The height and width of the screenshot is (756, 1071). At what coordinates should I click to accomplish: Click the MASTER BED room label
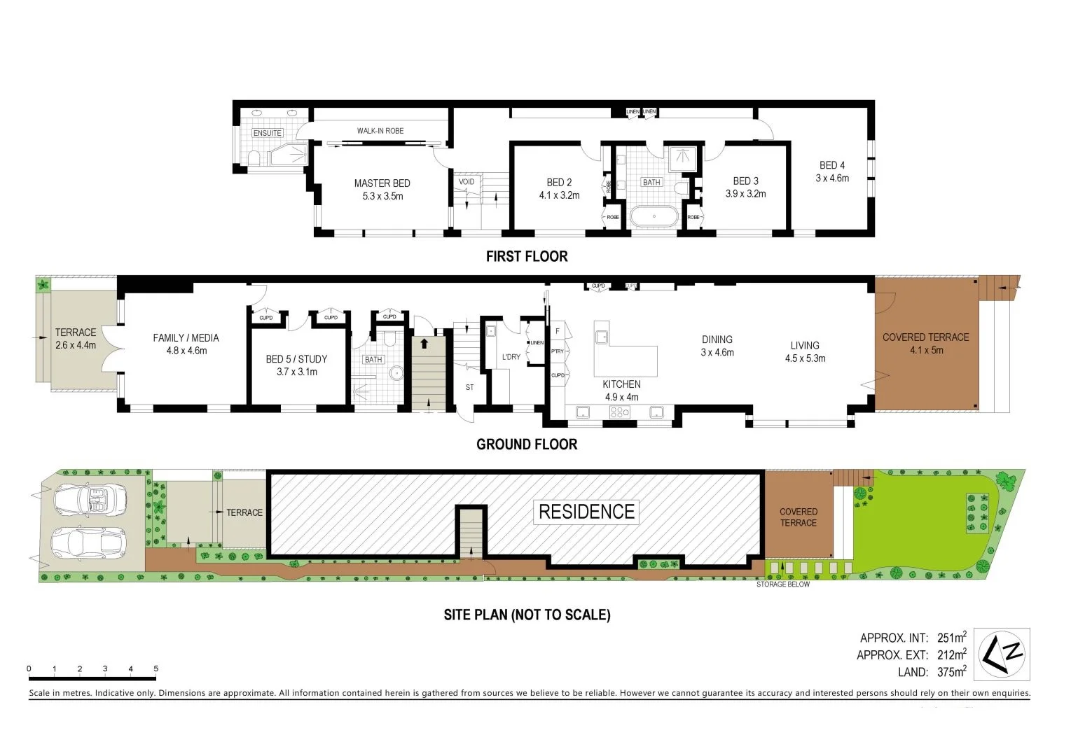point(382,183)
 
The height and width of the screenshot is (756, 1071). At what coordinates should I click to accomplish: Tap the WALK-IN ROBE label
point(380,131)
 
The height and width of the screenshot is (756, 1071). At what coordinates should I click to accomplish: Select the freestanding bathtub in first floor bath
point(654,216)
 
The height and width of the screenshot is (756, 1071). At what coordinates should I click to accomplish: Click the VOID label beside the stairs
point(467,182)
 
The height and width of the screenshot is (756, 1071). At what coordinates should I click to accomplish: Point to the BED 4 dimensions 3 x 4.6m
point(832,178)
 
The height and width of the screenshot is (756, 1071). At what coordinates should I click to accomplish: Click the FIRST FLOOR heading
point(527,256)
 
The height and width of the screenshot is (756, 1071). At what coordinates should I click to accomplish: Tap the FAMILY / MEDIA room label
point(186,337)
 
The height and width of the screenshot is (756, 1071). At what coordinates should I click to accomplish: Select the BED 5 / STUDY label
point(296,359)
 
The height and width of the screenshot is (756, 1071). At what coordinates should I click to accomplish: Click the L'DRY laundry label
point(511,357)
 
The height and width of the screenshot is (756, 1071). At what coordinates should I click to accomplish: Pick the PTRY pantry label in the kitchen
point(558,351)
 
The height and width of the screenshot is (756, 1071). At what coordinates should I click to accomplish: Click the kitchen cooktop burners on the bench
point(620,412)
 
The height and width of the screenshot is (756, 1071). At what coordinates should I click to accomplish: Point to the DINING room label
point(717,339)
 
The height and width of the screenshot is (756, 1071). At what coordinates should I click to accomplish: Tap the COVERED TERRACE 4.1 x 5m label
point(925,343)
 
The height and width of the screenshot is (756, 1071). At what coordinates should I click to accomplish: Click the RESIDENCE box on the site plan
point(586,512)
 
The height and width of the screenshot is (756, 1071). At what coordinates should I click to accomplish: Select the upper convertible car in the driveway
point(90,498)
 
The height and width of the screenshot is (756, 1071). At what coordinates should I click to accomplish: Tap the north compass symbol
point(1004,654)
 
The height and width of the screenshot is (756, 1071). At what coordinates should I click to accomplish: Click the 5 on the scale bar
point(156,668)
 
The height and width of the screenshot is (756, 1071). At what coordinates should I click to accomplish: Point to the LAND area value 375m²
point(951,672)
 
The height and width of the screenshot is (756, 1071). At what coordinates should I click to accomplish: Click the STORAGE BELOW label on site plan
point(782,584)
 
